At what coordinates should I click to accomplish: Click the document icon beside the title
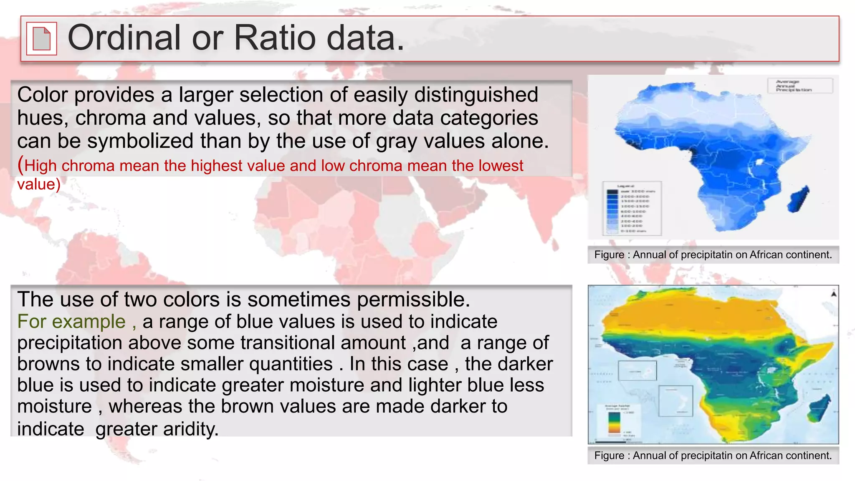(x=41, y=38)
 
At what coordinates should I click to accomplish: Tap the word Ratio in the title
(x=275, y=38)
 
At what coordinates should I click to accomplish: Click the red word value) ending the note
(x=39, y=184)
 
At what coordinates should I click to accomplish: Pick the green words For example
(x=71, y=322)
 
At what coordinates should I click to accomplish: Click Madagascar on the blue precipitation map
(x=798, y=200)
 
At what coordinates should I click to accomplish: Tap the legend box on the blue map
(x=632, y=208)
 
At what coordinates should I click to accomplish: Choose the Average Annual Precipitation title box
(x=799, y=86)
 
